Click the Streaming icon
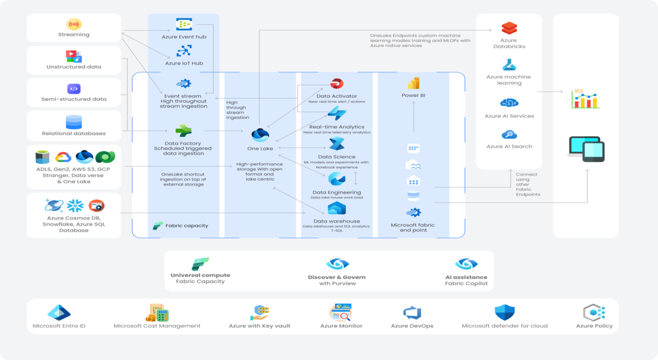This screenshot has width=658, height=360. click(73, 25)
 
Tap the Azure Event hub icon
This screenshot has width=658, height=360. click(184, 24)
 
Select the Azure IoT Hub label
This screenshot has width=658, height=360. click(184, 63)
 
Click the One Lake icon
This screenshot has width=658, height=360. click(260, 134)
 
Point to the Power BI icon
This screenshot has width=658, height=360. click(413, 84)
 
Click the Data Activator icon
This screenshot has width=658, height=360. click(338, 84)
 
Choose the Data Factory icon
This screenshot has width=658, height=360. click(184, 131)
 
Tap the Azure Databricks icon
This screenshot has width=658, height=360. click(509, 28)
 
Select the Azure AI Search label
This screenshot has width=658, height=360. click(509, 146)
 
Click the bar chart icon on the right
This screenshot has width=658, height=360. click(585, 99)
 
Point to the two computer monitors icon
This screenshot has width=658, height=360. click(585, 149)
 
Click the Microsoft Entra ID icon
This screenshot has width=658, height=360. click(60, 313)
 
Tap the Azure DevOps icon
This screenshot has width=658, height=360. click(412, 313)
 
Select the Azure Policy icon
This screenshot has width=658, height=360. click(594, 313)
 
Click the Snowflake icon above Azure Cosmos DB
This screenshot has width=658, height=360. click(75, 205)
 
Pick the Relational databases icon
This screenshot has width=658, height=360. click(73, 122)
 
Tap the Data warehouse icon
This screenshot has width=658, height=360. click(336, 209)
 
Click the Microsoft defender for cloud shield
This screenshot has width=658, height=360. click(504, 313)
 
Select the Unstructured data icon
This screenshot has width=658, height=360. click(73, 56)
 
